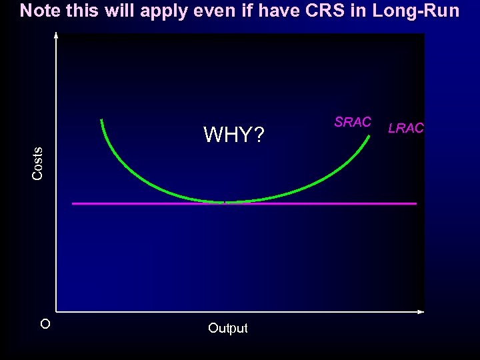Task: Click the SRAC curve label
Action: click(352, 122)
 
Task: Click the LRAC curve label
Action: click(405, 129)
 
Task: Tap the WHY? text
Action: click(233, 135)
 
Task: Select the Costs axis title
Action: click(38, 163)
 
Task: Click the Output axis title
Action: click(227, 328)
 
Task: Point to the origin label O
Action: click(45, 325)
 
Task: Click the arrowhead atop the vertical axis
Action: click(56, 35)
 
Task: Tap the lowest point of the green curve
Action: click(225, 201)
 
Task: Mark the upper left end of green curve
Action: click(101, 121)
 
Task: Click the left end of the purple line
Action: click(73, 203)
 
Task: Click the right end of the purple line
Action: click(415, 203)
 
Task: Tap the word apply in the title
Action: click(162, 11)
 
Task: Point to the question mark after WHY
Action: click(259, 135)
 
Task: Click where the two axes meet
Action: click(56, 311)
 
